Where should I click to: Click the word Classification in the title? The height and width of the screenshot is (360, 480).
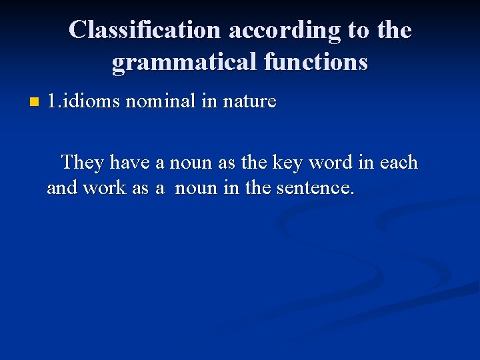point(144,31)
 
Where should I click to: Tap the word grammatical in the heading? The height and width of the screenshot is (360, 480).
point(183,62)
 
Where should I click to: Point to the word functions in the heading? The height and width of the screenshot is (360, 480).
point(315,62)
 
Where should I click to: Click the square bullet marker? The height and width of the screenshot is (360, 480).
point(35,103)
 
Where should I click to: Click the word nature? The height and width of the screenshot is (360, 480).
point(249,102)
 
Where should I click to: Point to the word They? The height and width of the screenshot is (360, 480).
point(83,163)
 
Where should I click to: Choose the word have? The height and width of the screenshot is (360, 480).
point(131,163)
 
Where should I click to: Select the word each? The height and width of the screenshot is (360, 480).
point(399,163)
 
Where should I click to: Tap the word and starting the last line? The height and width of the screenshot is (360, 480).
point(62,188)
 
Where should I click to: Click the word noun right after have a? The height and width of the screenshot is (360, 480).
point(192,163)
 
